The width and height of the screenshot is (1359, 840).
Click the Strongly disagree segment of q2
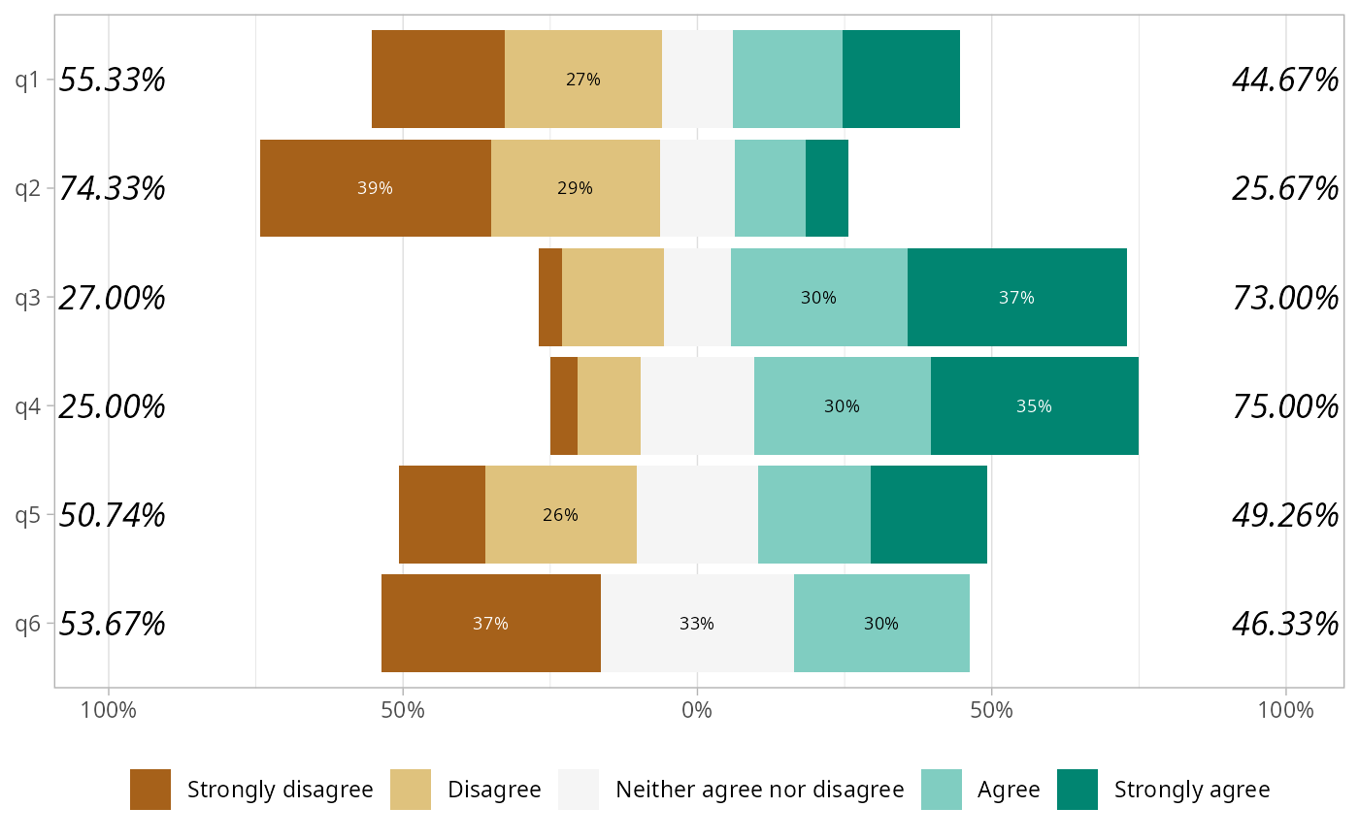point(375,188)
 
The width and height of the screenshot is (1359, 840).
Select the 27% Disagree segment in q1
point(582,80)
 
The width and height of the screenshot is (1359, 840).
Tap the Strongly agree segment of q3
point(1016,298)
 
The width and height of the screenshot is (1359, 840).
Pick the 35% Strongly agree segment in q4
point(1034,406)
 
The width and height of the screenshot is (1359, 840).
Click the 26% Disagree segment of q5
point(560,515)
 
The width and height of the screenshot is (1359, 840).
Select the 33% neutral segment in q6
point(696,624)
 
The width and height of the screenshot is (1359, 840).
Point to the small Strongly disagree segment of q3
point(550,298)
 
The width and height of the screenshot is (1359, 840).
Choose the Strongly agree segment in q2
point(826,188)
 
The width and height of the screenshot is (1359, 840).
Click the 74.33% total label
point(113,188)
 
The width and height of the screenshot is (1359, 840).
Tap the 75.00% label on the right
point(1285,406)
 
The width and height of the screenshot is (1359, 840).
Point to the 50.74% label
point(113,515)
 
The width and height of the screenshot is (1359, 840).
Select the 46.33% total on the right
point(1285,624)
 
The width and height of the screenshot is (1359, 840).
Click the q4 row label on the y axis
point(27,406)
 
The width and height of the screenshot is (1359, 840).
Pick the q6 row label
point(27,624)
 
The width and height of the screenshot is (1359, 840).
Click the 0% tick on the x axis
point(697,710)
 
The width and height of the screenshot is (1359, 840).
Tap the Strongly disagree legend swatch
point(150,790)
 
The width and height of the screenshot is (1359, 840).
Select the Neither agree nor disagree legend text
point(759,790)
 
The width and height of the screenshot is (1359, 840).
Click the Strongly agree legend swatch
point(1077,790)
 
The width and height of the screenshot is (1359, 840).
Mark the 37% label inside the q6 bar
point(490,624)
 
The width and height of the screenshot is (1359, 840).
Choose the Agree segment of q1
point(787,80)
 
